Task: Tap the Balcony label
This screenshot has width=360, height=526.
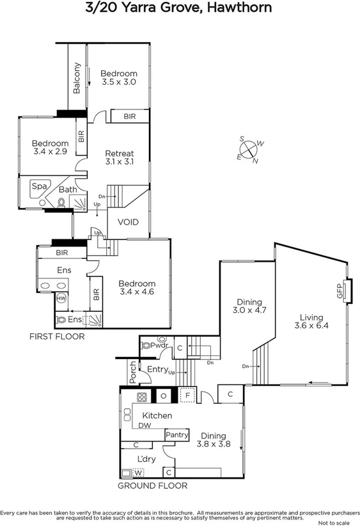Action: pos(77,78)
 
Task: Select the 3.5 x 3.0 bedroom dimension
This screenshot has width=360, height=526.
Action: pos(119,83)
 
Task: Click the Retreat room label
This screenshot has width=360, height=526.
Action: pos(120,154)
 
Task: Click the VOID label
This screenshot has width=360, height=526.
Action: pos(128,223)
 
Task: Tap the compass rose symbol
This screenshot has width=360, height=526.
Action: pos(249,150)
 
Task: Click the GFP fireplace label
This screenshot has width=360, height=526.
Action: pos(340,291)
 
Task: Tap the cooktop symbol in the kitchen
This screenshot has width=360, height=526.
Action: pos(141,395)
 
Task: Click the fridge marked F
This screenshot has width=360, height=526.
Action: pos(188,395)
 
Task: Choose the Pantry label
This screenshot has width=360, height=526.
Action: pos(176,435)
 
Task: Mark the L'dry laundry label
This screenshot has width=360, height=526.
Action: pos(148,458)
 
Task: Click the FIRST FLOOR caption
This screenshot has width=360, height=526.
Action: pos(56,336)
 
